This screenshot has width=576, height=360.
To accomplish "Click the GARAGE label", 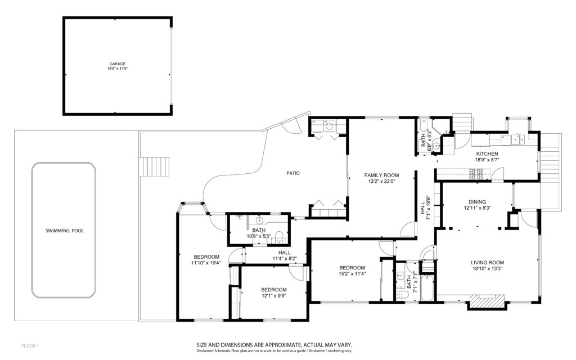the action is click(117, 64).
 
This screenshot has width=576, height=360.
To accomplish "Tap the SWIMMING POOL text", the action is click(65, 231).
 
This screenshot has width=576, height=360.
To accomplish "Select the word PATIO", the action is click(293, 173).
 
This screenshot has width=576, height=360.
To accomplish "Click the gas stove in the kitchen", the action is click(476, 174).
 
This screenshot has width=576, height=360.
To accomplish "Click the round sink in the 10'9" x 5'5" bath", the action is click(259, 220).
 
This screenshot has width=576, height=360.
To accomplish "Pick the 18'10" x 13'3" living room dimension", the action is click(488, 268).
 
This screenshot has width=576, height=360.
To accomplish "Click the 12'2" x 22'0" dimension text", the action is click(381, 181).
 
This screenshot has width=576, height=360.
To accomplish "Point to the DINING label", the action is click(477, 202).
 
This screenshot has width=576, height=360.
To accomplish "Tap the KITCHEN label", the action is click(487, 154).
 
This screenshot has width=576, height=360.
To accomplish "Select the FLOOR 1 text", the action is click(30, 346).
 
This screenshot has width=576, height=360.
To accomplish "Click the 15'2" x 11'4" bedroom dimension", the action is click(352, 273).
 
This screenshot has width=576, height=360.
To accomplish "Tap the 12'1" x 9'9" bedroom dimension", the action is click(274, 295).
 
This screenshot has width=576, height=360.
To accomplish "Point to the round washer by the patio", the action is click(329, 127).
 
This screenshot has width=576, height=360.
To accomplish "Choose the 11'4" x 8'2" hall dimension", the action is click(284, 258).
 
